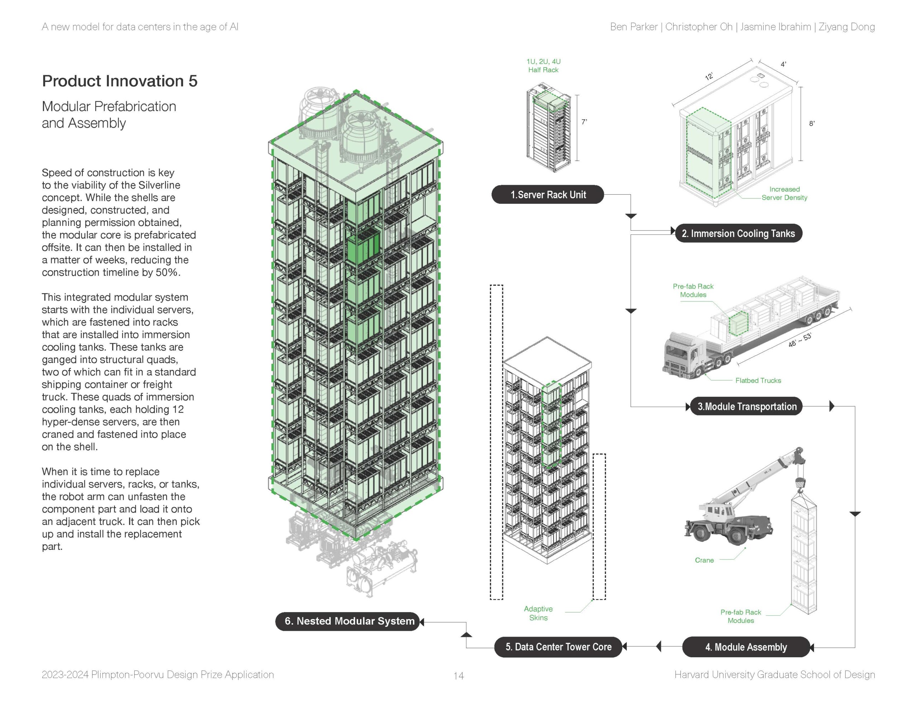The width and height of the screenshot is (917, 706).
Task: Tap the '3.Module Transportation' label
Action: point(746,406)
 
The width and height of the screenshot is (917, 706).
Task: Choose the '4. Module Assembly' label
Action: point(746,647)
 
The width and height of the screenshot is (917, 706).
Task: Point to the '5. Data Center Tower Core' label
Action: point(558,647)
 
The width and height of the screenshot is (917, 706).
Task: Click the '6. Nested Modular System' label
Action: point(349,621)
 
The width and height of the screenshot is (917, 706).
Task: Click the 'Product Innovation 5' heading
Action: point(120,81)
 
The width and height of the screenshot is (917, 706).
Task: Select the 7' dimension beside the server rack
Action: point(584,122)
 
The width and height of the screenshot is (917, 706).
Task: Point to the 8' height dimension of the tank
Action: point(812,124)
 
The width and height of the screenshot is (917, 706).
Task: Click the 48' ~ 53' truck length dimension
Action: point(800,340)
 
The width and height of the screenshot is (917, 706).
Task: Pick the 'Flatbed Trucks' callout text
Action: point(758,381)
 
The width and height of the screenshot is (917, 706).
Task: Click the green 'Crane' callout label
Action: point(704,560)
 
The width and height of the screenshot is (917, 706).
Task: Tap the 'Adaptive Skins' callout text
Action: point(538,613)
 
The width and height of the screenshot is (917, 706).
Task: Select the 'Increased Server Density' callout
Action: point(784,193)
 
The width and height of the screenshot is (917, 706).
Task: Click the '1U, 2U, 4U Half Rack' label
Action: point(543,66)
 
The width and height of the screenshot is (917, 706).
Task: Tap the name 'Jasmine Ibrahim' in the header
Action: point(775,27)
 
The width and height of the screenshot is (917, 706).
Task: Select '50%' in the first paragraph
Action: point(168,272)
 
